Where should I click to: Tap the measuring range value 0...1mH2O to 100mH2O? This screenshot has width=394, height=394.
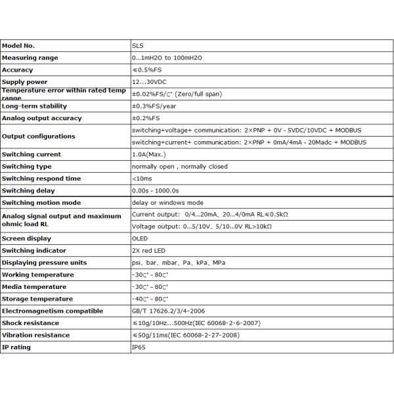(168, 58)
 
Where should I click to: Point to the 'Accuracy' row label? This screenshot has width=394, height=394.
(18, 70)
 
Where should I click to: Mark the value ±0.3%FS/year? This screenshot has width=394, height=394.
(153, 106)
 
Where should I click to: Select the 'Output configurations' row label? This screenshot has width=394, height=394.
(39, 136)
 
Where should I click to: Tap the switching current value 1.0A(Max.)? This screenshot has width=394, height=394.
(149, 154)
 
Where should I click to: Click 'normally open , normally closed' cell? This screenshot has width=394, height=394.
(179, 166)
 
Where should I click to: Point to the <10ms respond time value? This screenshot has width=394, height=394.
(141, 178)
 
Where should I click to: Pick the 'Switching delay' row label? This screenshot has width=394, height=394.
(28, 190)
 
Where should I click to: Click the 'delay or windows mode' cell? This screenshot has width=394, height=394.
(167, 202)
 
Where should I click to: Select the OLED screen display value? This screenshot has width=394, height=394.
(139, 238)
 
